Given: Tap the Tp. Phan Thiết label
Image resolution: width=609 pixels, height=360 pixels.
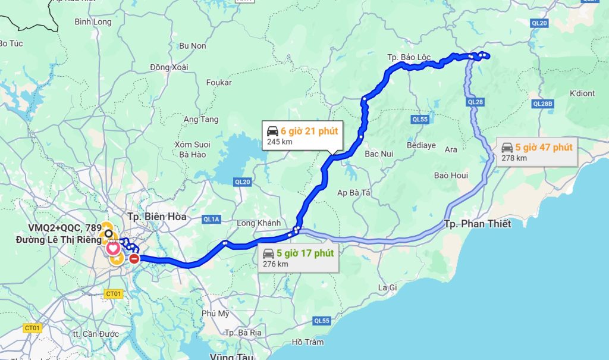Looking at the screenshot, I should pos(478,224).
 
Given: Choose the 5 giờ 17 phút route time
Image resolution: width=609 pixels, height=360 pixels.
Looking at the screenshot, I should pos(305,253).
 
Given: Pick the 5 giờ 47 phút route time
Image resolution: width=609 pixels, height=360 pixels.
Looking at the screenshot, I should pos(544,147).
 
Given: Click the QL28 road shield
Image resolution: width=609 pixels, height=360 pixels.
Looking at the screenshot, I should pos(476,102).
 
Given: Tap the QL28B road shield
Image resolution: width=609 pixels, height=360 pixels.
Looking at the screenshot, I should pos(542,104).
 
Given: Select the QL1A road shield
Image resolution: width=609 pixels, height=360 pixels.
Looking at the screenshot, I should pos(211,220).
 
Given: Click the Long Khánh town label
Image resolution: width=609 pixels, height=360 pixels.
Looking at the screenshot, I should pos(259,223).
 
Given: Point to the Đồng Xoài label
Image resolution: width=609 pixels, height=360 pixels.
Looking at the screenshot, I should pos(169,67).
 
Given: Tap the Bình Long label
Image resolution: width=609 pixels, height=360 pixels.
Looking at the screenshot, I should pos(93,22).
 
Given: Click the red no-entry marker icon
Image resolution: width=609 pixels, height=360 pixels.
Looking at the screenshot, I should pos(134,258).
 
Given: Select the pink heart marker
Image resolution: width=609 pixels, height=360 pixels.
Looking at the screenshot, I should pos(113,247).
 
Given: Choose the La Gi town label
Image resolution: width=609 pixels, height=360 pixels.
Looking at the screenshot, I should pos(387,287).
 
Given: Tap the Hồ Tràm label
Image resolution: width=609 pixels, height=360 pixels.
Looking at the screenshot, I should pos(308,342).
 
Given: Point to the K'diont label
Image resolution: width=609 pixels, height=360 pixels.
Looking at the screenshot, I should pos(582,93).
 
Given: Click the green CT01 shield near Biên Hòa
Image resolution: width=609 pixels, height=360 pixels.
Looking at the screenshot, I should pos(113,293).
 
